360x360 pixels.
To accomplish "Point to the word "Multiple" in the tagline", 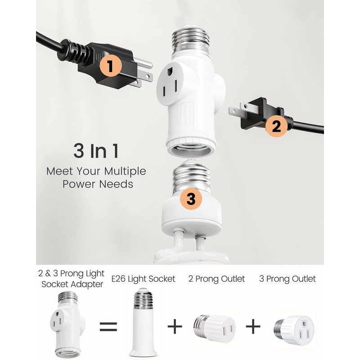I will coord(126,171).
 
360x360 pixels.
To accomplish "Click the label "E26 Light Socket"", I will coord(144,279).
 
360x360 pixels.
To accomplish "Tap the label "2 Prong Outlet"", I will coord(217,279).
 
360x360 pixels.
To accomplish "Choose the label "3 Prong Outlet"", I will coord(288,279).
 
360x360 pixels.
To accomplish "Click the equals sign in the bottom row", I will coord(108,327).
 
